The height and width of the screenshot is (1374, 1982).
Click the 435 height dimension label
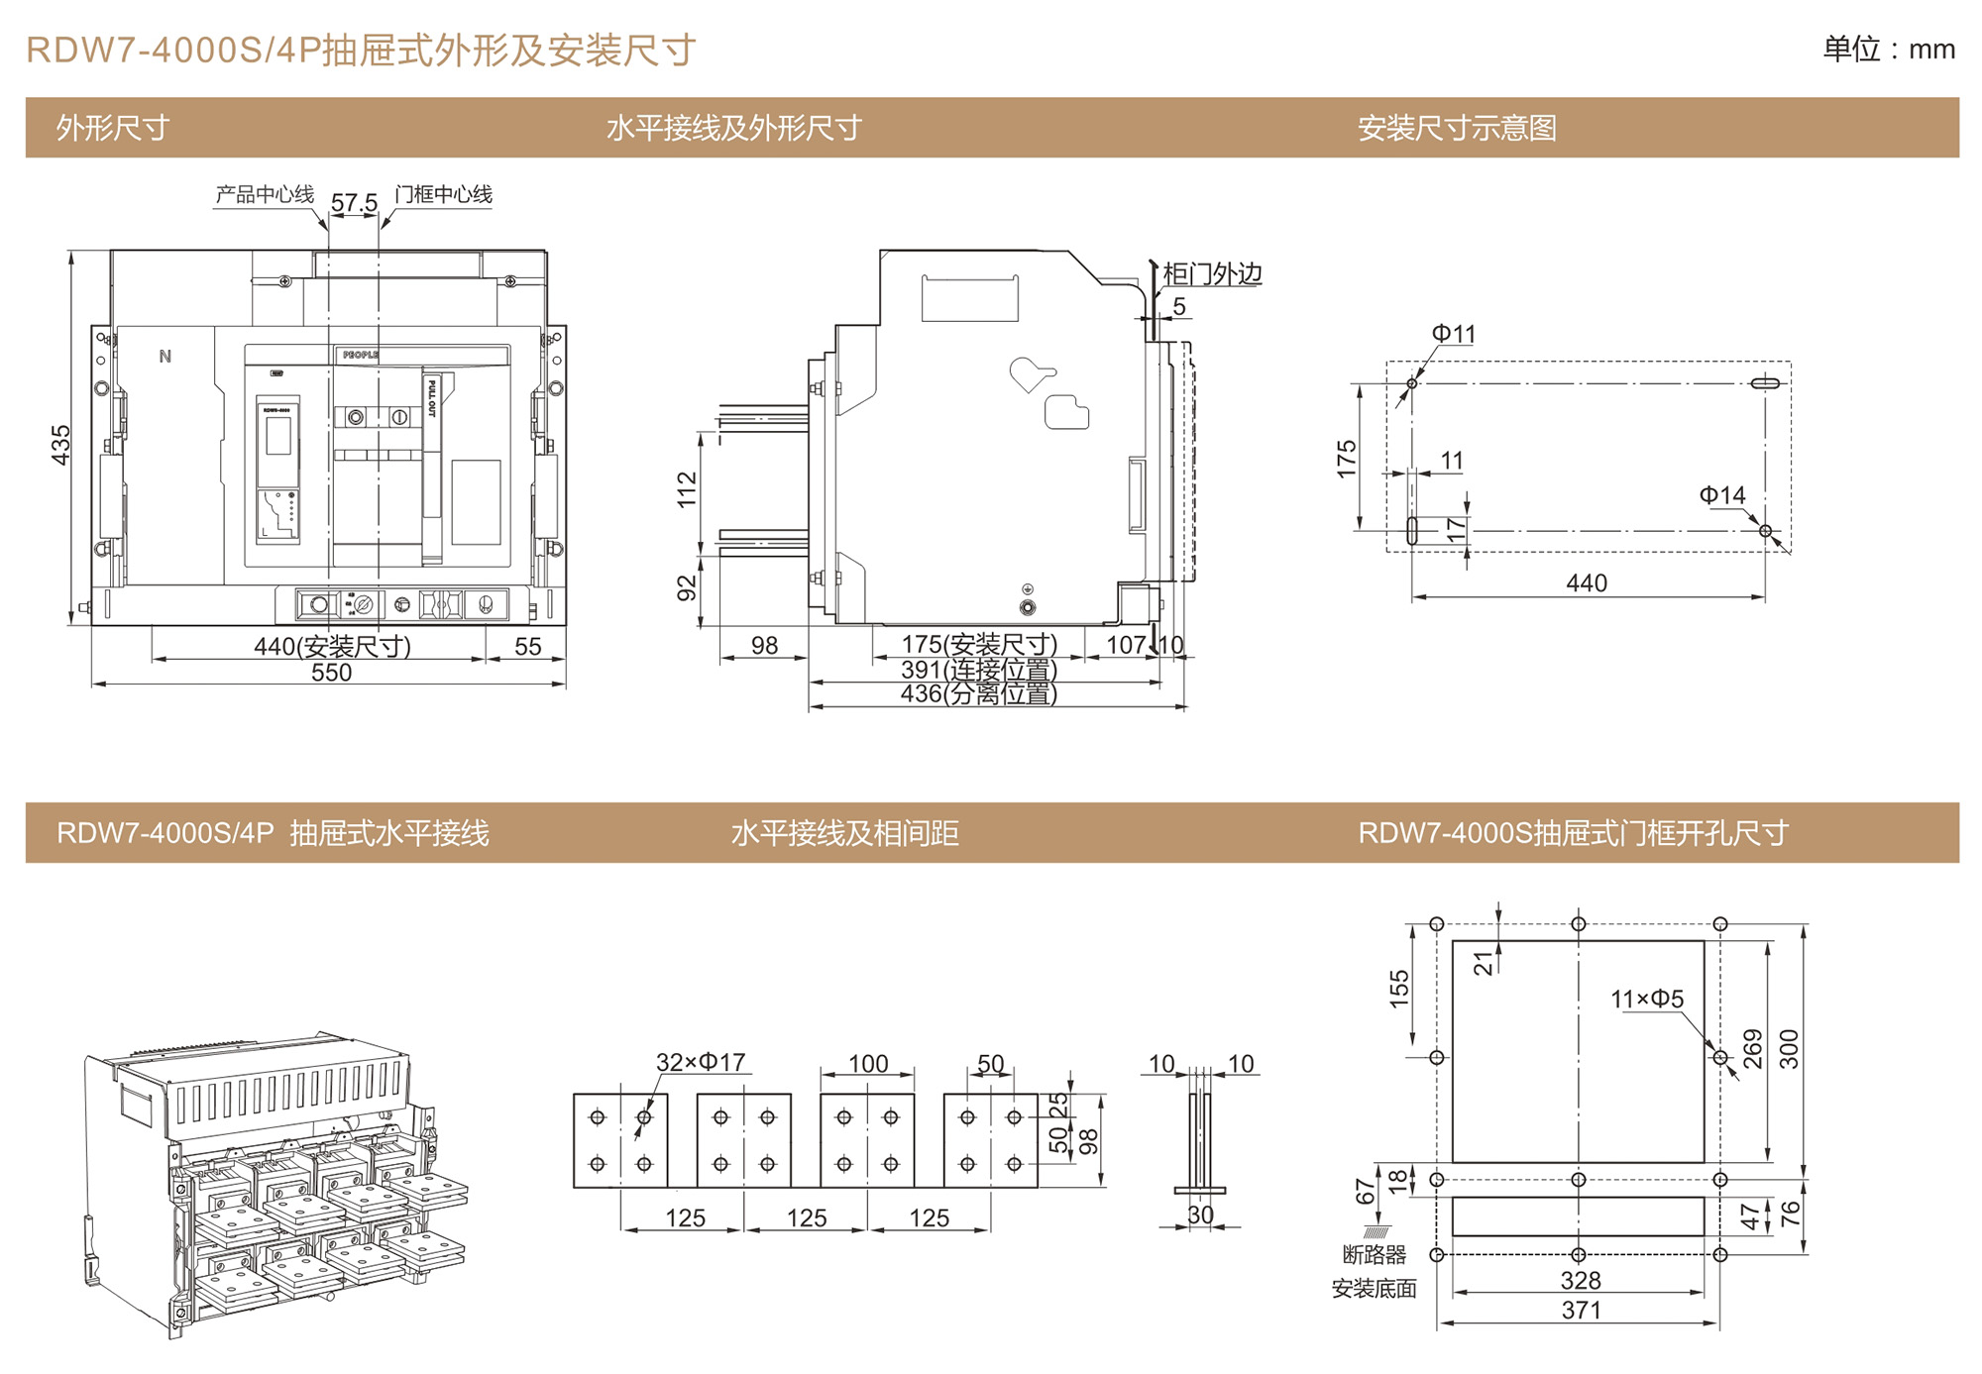tap(60, 445)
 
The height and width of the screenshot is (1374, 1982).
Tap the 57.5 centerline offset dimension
tap(354, 203)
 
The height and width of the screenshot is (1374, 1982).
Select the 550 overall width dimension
tap(331, 673)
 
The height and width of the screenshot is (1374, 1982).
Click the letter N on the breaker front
tap(165, 357)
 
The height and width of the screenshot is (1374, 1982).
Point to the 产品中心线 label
tap(265, 194)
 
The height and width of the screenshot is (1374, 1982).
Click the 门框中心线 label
tap(443, 194)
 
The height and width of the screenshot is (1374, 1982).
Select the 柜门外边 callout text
tap(1211, 273)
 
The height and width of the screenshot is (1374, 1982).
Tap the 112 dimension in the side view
tap(687, 490)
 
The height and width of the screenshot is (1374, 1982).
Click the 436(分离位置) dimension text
tap(978, 693)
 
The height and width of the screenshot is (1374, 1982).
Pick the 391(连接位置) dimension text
tap(978, 670)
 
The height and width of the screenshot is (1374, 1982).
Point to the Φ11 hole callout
tap(1453, 334)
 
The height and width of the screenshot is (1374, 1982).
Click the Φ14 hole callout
tap(1722, 495)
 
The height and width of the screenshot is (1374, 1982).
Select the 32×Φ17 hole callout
tap(701, 1063)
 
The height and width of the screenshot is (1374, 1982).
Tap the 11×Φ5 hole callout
tap(1647, 999)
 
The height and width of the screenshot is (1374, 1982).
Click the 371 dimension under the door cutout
tap(1581, 1310)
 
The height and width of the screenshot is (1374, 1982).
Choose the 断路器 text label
tap(1375, 1255)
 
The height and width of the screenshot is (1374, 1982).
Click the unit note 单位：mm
tap(1889, 50)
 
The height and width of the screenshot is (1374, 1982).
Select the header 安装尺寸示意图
tap(1457, 128)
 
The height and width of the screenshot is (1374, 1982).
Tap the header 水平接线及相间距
tap(844, 833)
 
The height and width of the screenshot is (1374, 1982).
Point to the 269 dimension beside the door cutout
tap(1753, 1049)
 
